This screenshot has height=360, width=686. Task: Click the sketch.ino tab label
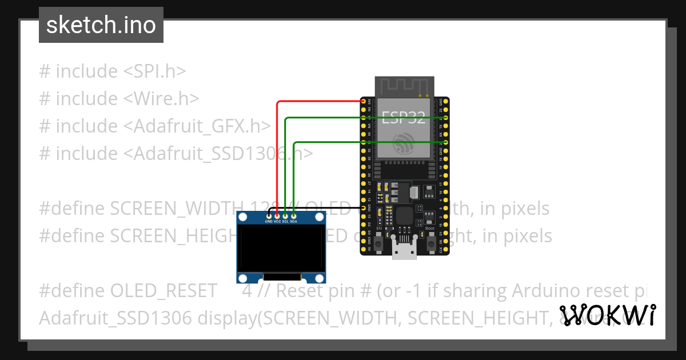pos(101,25)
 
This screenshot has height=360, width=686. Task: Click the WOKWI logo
pos(608,315)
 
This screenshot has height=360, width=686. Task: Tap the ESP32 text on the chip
pos(404,118)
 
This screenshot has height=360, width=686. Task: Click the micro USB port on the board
pos(404,251)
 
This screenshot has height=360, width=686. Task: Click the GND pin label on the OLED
pos(269,221)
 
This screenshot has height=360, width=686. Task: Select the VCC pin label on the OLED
pos(277,221)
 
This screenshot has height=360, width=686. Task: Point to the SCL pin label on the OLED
pos(285,221)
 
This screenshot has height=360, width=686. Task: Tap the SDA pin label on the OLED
pos(293,221)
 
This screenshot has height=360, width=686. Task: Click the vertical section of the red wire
pos(277,160)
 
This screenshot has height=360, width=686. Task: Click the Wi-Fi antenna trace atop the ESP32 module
pos(404,86)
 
